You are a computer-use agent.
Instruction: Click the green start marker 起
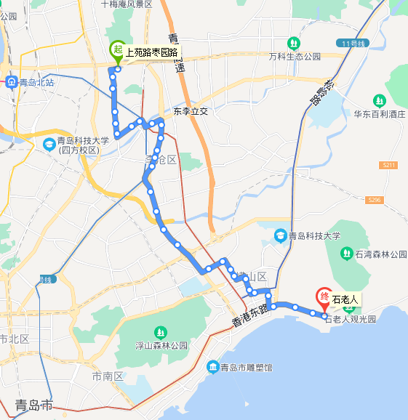click(x=116, y=50)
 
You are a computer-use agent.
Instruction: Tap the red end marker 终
click(x=324, y=297)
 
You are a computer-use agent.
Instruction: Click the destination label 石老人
click(x=345, y=299)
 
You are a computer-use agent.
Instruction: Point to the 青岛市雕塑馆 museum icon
click(x=212, y=368)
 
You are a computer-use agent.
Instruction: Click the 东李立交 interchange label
click(x=191, y=112)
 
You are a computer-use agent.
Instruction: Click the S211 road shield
click(x=388, y=166)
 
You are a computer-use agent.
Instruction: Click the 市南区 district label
click(x=108, y=376)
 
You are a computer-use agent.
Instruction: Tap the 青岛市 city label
click(x=34, y=405)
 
